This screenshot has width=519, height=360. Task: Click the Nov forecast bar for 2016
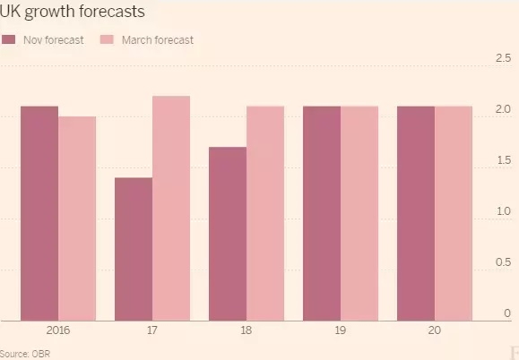(x=39, y=213)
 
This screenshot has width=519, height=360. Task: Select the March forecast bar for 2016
(x=77, y=218)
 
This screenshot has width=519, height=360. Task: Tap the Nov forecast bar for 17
(x=134, y=248)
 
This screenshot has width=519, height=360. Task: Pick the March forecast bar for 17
(x=171, y=208)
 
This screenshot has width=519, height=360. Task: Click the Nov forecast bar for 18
(x=228, y=233)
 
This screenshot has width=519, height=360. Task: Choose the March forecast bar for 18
(x=265, y=213)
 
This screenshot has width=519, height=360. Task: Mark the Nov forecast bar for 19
(x=322, y=213)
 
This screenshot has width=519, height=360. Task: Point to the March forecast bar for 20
(x=454, y=213)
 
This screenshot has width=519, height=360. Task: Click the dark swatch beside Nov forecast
(x=10, y=40)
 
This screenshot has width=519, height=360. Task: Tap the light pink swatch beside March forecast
(x=105, y=40)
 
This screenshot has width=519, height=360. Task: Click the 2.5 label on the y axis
(x=502, y=58)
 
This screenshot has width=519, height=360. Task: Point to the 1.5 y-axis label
(x=502, y=160)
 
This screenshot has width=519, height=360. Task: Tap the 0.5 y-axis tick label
(x=502, y=262)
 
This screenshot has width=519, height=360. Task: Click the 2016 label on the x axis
(x=58, y=330)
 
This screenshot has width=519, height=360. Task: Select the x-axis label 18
(x=247, y=330)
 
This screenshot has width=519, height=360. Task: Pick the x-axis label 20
(x=435, y=330)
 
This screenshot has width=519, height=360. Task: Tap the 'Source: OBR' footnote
(x=26, y=352)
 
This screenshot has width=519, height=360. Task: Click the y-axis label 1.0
(x=502, y=211)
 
